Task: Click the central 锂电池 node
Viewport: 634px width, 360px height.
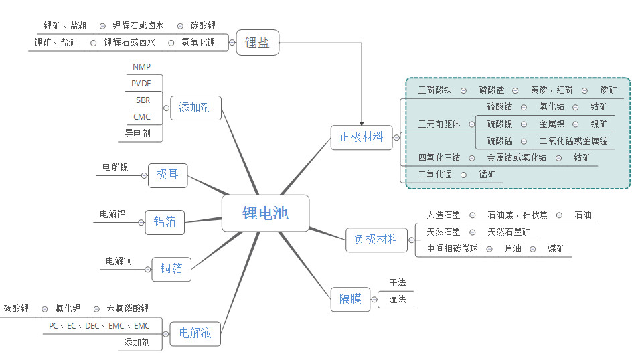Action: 265,213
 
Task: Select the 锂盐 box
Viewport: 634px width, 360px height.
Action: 257,42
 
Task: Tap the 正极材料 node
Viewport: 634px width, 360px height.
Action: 361,137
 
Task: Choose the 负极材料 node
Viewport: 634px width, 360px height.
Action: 376,239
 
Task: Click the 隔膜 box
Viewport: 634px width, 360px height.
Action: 350,299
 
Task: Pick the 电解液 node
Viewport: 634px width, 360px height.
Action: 195,333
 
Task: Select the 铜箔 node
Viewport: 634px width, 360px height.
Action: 171,269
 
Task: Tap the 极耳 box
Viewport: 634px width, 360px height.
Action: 167,175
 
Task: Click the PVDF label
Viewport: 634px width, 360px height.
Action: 141,83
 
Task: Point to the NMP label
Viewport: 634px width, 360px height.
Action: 141,66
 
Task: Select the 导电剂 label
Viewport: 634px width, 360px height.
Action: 137,133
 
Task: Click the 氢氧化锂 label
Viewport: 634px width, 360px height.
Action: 198,42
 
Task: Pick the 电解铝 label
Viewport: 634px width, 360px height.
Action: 112,214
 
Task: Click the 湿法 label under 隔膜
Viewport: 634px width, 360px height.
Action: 398,299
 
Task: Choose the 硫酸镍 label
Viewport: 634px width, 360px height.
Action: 499,124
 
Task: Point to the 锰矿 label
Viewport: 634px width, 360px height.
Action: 487,174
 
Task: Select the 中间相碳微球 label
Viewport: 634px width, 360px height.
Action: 452,249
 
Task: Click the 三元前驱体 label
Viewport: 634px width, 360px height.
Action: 439,124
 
